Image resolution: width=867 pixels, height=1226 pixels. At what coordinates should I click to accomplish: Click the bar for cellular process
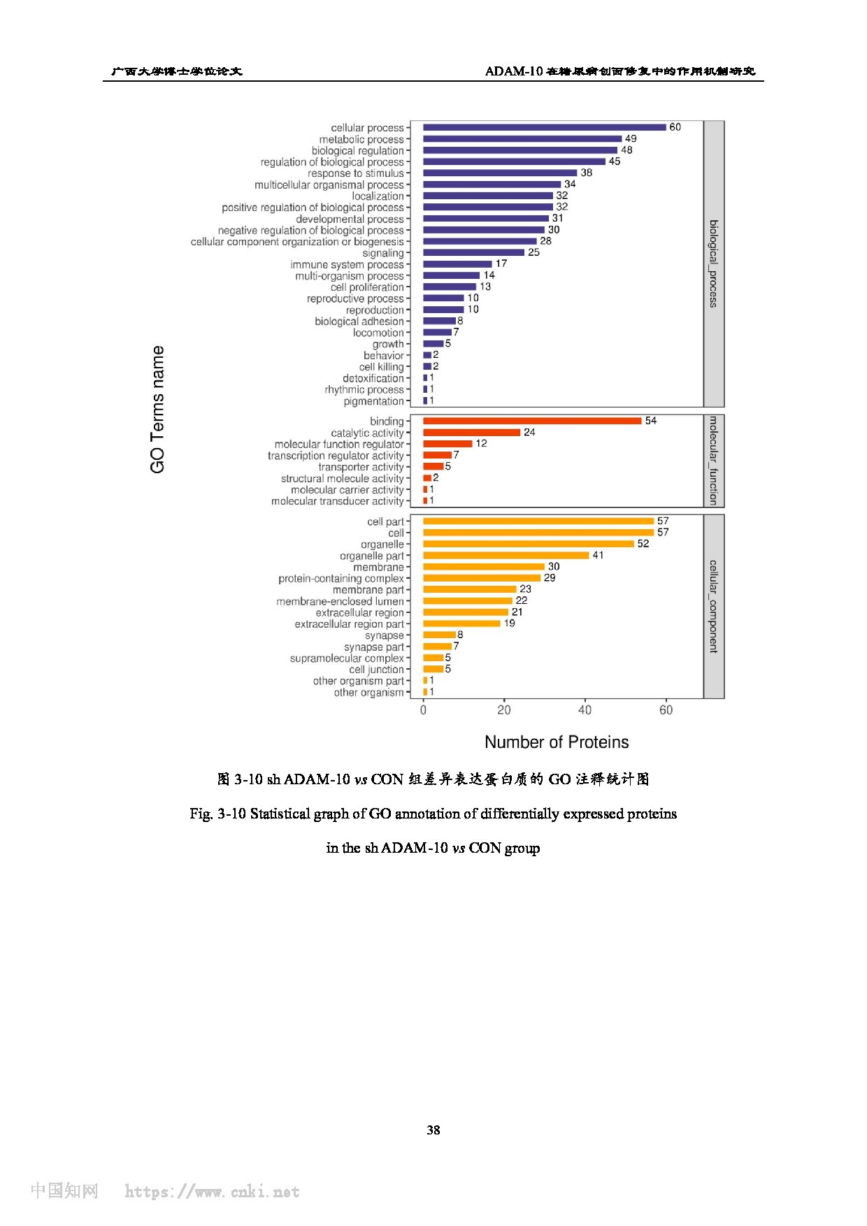(x=545, y=127)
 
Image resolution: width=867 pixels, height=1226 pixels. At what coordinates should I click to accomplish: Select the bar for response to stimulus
(x=500, y=173)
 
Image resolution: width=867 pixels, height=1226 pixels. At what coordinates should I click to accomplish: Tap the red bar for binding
(x=532, y=421)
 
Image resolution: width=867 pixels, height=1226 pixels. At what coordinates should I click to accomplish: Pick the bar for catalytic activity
(x=472, y=433)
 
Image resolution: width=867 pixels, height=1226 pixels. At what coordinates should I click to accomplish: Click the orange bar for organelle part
(x=506, y=555)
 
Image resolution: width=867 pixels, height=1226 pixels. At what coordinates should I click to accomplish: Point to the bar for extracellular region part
(x=461, y=623)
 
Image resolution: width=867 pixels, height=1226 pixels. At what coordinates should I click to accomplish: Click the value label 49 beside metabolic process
(x=631, y=138)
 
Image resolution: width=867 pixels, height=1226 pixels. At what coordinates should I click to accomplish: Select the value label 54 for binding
(x=651, y=421)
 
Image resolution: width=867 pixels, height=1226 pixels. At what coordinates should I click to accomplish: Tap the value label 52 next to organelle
(x=643, y=544)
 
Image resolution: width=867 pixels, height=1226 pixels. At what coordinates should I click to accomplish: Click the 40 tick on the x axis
(x=585, y=710)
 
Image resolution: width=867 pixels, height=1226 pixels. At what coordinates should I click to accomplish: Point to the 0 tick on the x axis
(x=423, y=710)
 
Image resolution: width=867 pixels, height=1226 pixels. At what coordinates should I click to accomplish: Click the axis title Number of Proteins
(x=557, y=742)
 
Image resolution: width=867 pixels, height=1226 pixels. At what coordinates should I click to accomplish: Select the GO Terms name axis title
(x=158, y=410)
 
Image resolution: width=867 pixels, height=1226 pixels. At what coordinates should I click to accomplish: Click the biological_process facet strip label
(x=713, y=264)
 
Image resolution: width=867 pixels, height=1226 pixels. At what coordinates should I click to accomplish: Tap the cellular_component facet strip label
(x=713, y=606)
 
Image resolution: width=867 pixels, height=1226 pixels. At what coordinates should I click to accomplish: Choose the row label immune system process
(x=347, y=265)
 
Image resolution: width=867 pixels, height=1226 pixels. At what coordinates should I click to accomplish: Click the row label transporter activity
(x=361, y=467)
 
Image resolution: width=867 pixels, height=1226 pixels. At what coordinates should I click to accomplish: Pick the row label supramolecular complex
(x=347, y=658)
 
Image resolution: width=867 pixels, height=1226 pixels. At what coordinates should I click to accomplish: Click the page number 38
(x=433, y=1130)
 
